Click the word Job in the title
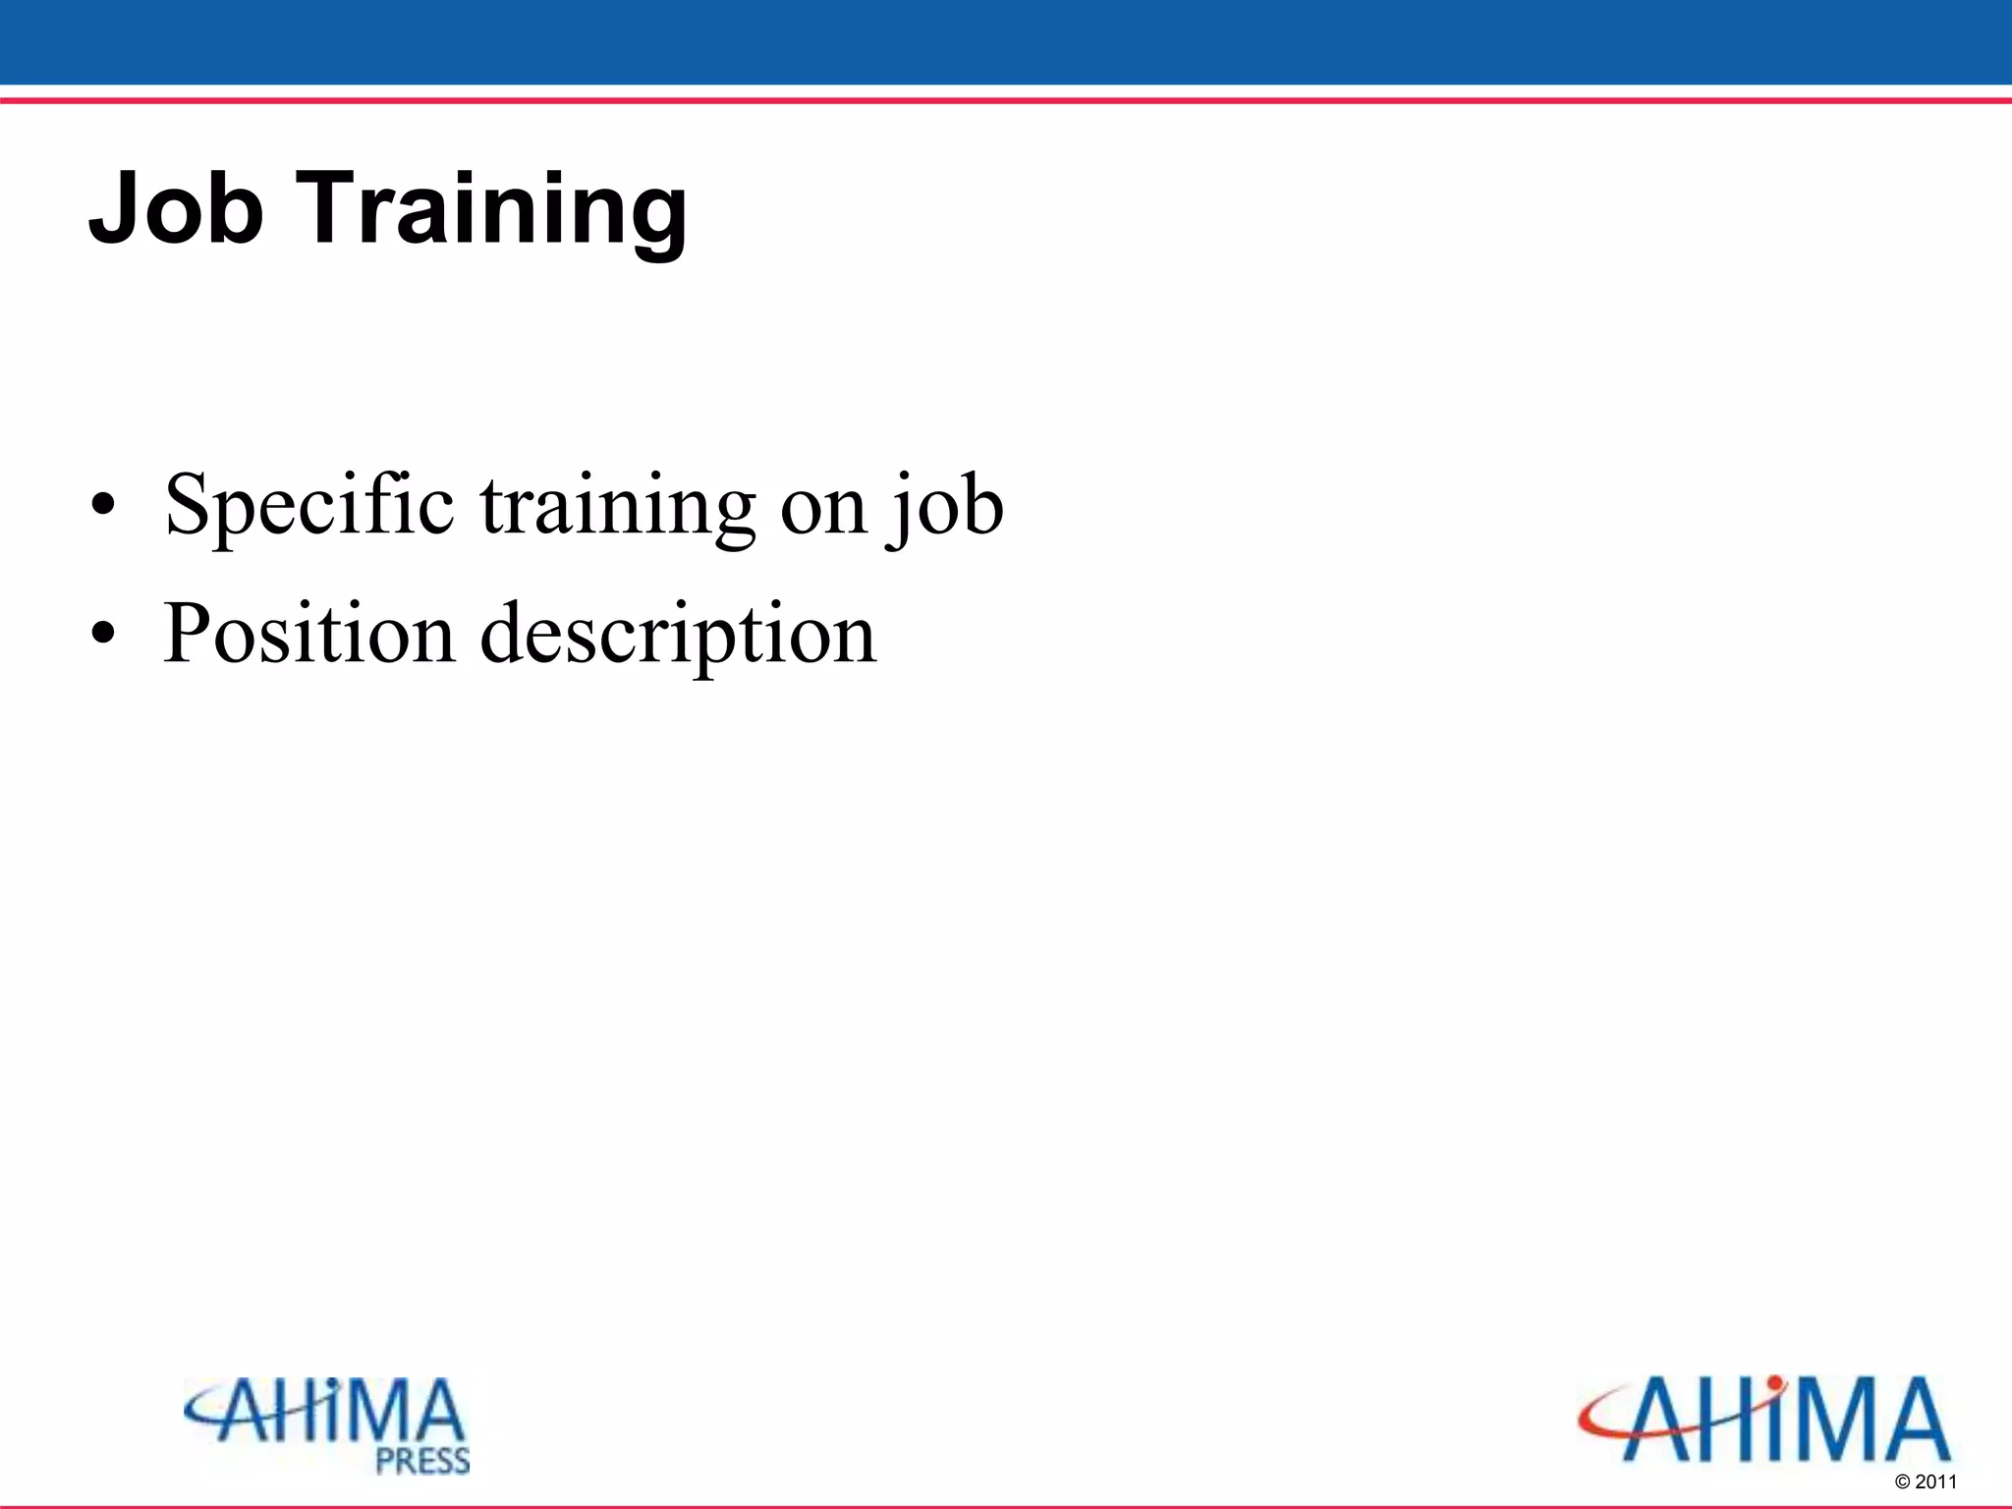tap(177, 208)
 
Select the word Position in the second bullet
tap(308, 635)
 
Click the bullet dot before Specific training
tap(102, 507)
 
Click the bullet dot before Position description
tap(102, 636)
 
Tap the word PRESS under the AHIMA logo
tap(422, 1461)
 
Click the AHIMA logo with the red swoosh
tap(1763, 1420)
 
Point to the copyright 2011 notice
tap(1925, 1481)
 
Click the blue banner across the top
tap(1006, 41)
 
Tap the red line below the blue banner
tap(1006, 100)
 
